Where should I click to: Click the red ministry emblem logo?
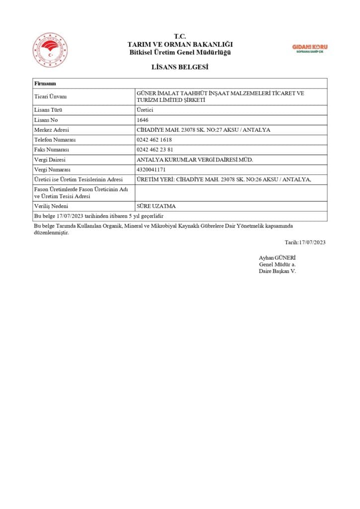pyautogui.click(x=50, y=50)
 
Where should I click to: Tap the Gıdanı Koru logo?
pyautogui.click(x=309, y=48)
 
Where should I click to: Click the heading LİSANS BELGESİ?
pyautogui.click(x=180, y=67)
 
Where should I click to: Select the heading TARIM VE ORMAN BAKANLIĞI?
pyautogui.click(x=180, y=44)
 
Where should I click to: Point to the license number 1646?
pyautogui.click(x=142, y=120)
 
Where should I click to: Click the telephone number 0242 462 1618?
pyautogui.click(x=154, y=140)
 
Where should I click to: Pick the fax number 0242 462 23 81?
pyautogui.click(x=155, y=150)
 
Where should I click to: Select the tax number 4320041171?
pyautogui.click(x=151, y=170)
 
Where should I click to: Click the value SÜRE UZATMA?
pyautogui.click(x=156, y=206)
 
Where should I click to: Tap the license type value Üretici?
pyautogui.click(x=145, y=110)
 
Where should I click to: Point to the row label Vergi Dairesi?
pyautogui.click(x=50, y=160)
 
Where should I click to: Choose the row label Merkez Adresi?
pyautogui.click(x=51, y=130)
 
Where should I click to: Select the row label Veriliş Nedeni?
pyautogui.click(x=51, y=206)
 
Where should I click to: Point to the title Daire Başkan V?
pyautogui.click(x=277, y=271)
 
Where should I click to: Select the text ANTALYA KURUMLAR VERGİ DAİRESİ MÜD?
pyautogui.click(x=194, y=160)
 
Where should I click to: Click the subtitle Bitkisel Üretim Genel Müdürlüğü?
pyautogui.click(x=180, y=52)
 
